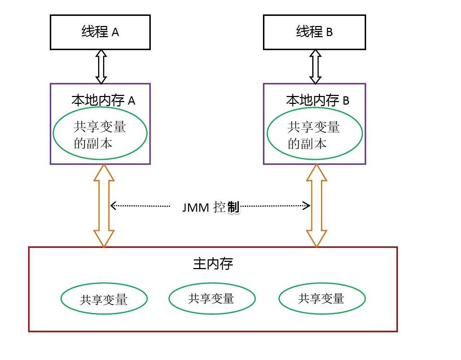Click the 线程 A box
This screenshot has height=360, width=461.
(100, 32)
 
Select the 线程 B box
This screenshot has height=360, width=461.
(314, 32)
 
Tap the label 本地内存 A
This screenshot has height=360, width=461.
(103, 100)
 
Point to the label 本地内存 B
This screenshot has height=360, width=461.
(317, 100)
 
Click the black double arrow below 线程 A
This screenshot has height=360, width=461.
(101, 67)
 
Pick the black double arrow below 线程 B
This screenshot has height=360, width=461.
(315, 67)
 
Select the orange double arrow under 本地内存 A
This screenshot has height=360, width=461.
(104, 206)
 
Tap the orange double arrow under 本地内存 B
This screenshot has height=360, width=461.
(316, 206)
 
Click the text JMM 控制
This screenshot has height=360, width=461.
(210, 207)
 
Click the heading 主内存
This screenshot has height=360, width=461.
(213, 264)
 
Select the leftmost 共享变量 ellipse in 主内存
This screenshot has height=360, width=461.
(104, 299)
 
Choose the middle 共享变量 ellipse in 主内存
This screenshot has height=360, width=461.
(212, 298)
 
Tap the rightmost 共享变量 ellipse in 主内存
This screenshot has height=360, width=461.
(322, 298)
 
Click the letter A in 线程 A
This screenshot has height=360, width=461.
(115, 33)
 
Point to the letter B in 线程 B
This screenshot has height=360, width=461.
(329, 32)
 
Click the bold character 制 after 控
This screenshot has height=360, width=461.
(233, 207)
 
